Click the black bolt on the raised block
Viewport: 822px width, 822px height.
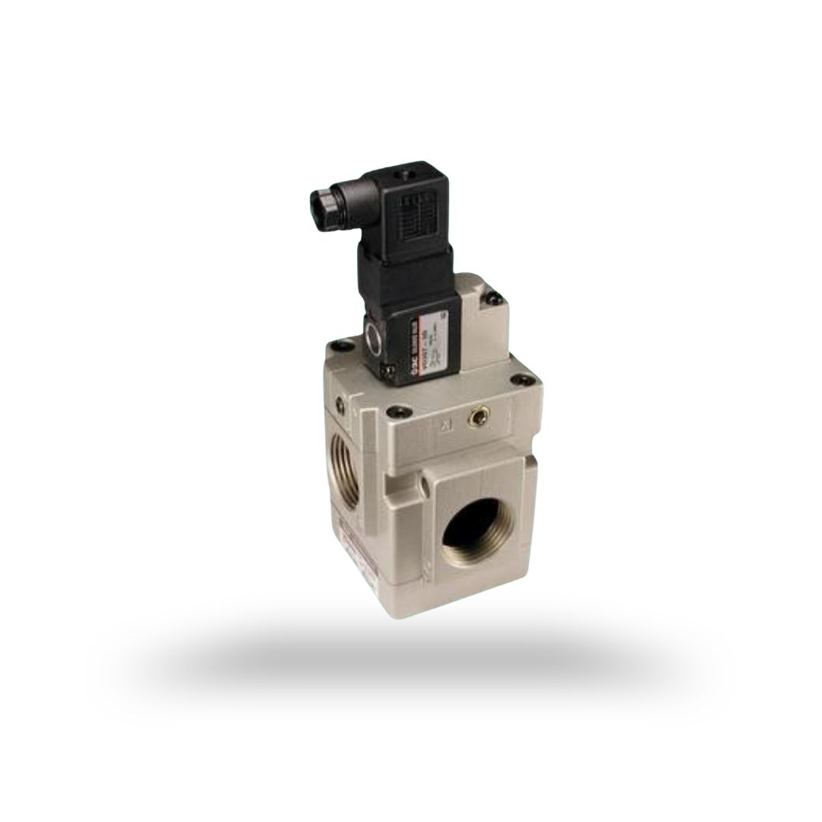click(x=495, y=299)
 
